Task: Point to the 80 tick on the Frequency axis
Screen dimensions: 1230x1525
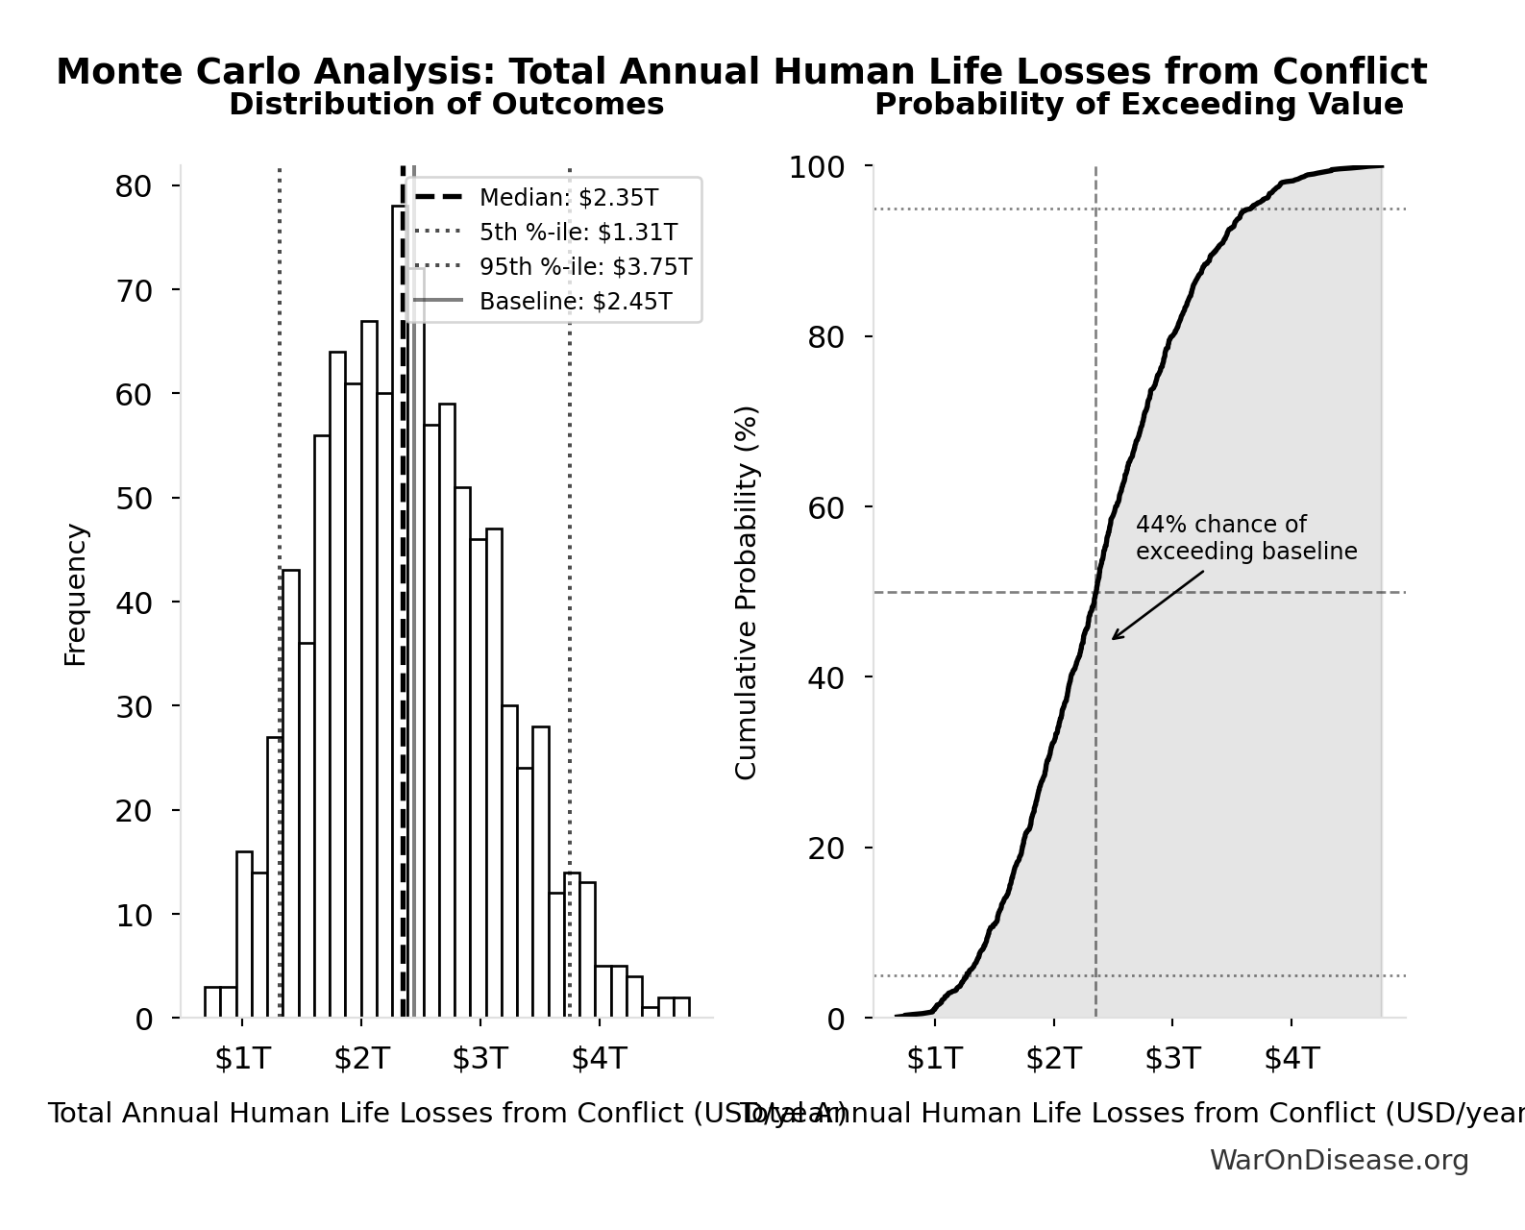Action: pyautogui.click(x=134, y=186)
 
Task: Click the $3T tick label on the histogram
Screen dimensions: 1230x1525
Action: pyautogui.click(x=480, y=1059)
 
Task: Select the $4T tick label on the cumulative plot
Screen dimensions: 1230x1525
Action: pyautogui.click(x=1291, y=1059)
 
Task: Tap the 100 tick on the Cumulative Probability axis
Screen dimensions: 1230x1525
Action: pyautogui.click(x=817, y=167)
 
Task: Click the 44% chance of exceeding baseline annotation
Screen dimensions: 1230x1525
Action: pyautogui.click(x=1245, y=538)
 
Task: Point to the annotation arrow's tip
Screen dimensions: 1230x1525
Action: pyautogui.click(x=1113, y=639)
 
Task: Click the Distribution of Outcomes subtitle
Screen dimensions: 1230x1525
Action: pyautogui.click(x=446, y=105)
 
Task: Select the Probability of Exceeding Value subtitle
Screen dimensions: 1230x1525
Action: pyautogui.click(x=1138, y=105)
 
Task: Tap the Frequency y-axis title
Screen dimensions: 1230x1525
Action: pyautogui.click(x=75, y=595)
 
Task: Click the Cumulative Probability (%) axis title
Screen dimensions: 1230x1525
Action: pyautogui.click(x=746, y=592)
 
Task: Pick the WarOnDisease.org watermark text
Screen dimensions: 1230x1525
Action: pyautogui.click(x=1339, y=1161)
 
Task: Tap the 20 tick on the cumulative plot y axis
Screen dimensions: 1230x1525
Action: pyautogui.click(x=825, y=849)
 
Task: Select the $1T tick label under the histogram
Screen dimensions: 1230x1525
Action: pyautogui.click(x=242, y=1059)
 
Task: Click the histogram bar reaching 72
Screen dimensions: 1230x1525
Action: pyautogui.click(x=416, y=644)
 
